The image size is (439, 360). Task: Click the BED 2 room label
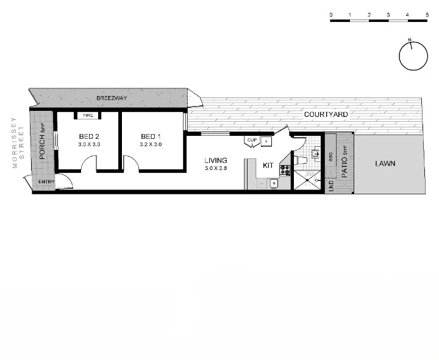click(x=89, y=136)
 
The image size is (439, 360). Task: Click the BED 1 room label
click(x=151, y=136)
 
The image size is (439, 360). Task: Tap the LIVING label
click(x=216, y=161)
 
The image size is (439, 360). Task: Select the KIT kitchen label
click(x=268, y=165)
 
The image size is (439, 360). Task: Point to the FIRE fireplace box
click(x=88, y=115)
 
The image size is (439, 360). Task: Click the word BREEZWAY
click(x=112, y=97)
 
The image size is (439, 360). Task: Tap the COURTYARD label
click(x=326, y=114)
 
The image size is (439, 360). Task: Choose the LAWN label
click(x=385, y=163)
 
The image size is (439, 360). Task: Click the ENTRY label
click(x=46, y=182)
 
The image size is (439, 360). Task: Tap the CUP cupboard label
click(x=251, y=140)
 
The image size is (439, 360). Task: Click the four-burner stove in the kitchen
click(x=285, y=171)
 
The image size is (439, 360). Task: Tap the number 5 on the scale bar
click(x=427, y=14)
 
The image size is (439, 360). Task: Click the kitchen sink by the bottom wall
click(x=274, y=183)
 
